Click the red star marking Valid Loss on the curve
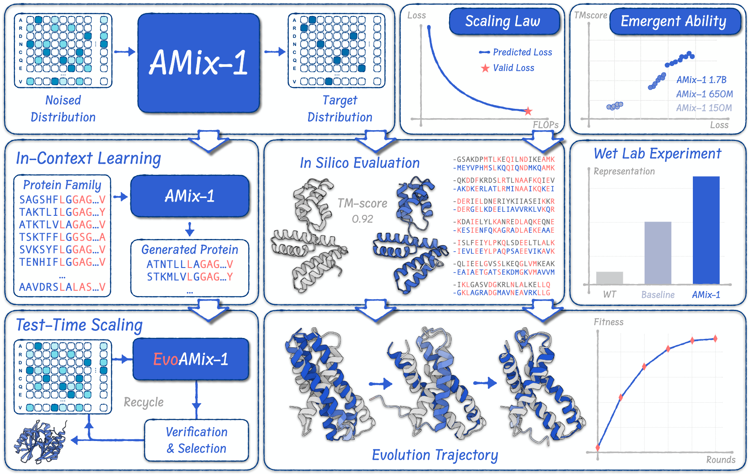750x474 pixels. (528, 111)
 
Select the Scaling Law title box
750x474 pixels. (504, 21)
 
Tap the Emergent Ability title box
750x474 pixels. (675, 21)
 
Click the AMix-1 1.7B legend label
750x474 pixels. (701, 80)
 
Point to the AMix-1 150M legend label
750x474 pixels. (704, 108)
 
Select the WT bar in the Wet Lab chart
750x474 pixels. (609, 278)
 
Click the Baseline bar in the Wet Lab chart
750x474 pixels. (658, 253)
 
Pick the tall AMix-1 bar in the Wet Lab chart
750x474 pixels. (706, 231)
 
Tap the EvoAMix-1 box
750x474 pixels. (191, 359)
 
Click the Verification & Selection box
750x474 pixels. (196, 440)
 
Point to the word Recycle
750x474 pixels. (144, 402)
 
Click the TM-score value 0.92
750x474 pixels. (362, 219)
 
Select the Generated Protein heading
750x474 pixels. (189, 250)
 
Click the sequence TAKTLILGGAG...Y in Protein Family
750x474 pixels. (62, 212)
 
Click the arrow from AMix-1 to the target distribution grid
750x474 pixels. (275, 52)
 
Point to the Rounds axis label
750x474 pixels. (721, 460)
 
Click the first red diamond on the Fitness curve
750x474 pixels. (598, 448)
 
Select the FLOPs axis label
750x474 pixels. (546, 125)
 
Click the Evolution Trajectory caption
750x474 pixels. (435, 455)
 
